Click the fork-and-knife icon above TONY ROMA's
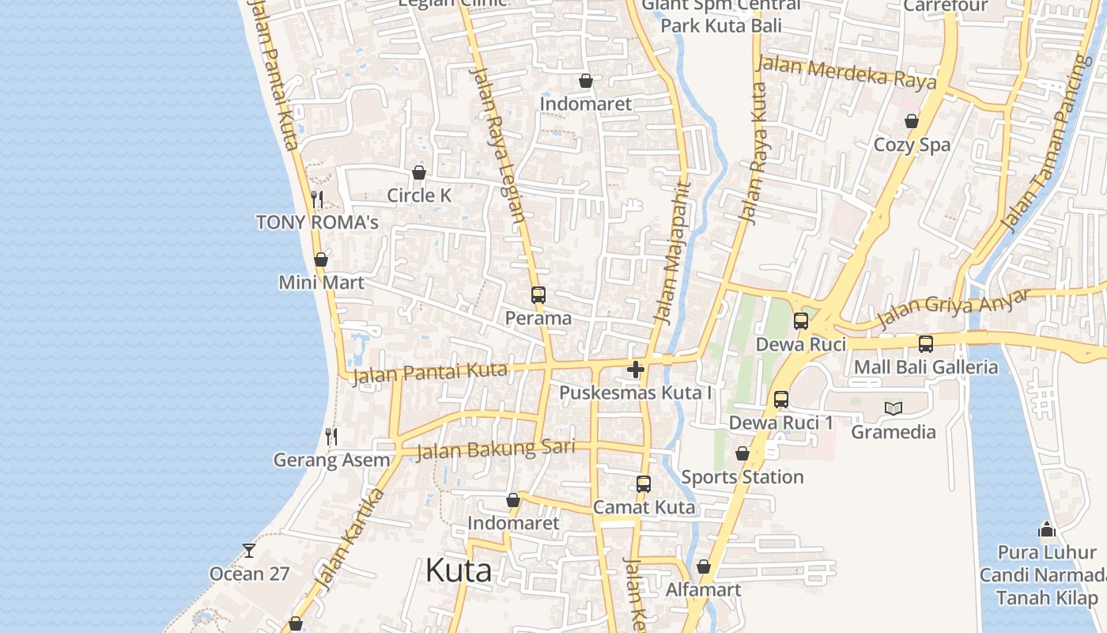click(317, 199)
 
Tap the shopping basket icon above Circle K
click(419, 172)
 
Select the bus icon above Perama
click(538, 295)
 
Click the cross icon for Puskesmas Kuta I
click(636, 370)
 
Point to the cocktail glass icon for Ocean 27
click(249, 550)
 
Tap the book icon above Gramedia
click(894, 408)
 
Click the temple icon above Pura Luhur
click(1047, 529)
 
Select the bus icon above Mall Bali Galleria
click(926, 344)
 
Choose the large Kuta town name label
click(459, 570)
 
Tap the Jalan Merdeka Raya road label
click(846, 72)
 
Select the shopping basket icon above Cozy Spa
click(912, 121)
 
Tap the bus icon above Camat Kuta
click(644, 483)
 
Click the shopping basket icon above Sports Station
click(742, 453)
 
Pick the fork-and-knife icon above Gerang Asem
click(331, 436)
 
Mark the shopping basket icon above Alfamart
click(704, 567)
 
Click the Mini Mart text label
click(321, 282)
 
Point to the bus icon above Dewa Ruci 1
click(781, 400)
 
